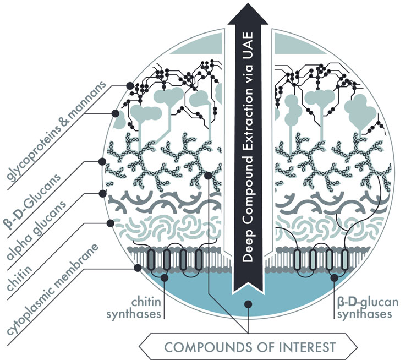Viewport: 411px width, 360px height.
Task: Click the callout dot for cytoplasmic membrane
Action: pyautogui.click(x=138, y=268)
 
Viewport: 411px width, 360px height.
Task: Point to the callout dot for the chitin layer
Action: pyautogui.click(x=110, y=223)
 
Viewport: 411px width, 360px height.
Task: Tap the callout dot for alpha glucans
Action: pyautogui.click(x=102, y=193)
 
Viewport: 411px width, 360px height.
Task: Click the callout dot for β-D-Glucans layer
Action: pyautogui.click(x=102, y=161)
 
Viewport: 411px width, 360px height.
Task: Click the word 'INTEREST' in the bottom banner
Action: pyautogui.click(x=302, y=347)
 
